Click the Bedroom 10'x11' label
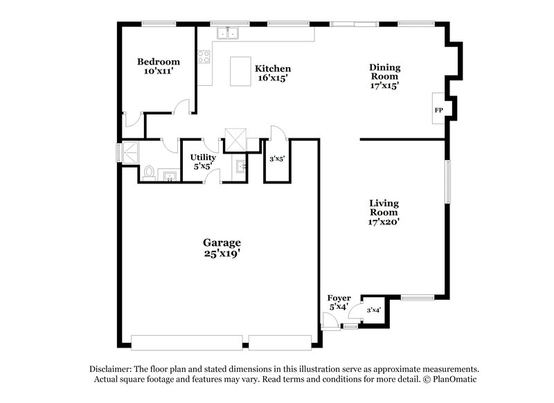[158, 66]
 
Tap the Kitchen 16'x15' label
[272, 73]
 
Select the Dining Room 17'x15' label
[384, 76]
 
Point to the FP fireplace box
[438, 110]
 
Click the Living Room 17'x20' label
[384, 213]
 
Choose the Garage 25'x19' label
[222, 248]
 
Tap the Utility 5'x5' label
[203, 161]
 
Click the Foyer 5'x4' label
[339, 302]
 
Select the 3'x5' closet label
[277, 159]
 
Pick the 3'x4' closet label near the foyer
[373, 310]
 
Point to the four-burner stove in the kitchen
[204, 57]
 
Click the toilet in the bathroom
[148, 172]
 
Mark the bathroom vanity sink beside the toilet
[168, 174]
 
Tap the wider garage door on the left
[186, 343]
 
